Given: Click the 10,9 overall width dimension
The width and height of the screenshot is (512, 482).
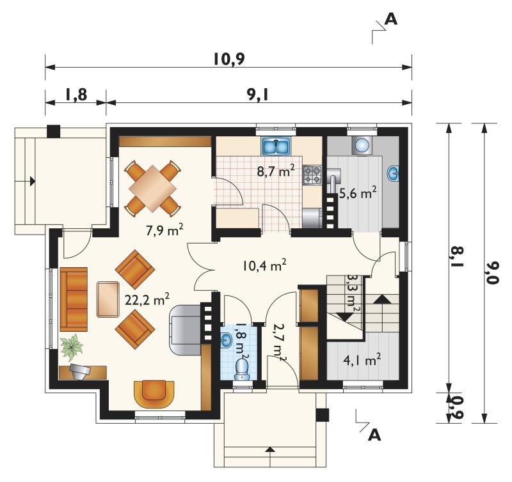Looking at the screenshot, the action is pos(229,59).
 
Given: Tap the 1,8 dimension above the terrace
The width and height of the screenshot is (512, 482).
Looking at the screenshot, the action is pos(76,95).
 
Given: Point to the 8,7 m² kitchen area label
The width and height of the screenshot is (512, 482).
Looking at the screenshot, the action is pos(276,171).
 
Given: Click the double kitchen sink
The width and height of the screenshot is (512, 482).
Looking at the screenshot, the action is pos(276,146).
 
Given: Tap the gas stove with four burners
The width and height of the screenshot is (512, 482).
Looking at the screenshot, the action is pos(312,175).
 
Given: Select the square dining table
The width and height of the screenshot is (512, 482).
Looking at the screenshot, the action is pos(153,188).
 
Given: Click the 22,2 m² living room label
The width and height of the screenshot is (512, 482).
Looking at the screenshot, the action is pos(147,299).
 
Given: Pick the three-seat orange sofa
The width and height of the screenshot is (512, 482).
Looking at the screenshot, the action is pos(74,299).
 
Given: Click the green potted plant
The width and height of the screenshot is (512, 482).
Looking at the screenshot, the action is pos(72,347).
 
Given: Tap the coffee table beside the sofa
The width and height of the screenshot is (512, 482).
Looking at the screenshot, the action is pos(108,299).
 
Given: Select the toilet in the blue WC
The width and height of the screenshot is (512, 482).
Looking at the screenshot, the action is pos(242,368).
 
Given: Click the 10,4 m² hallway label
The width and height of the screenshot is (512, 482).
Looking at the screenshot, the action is pos(264,265).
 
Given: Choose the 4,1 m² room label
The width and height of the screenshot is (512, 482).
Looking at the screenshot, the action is pos(362,361).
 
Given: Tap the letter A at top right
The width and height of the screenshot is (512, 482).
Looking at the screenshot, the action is pos(391,19).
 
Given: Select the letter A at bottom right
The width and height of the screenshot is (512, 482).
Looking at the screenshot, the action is pos(374,435).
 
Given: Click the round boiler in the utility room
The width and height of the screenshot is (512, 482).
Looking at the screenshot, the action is pos(362,144).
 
